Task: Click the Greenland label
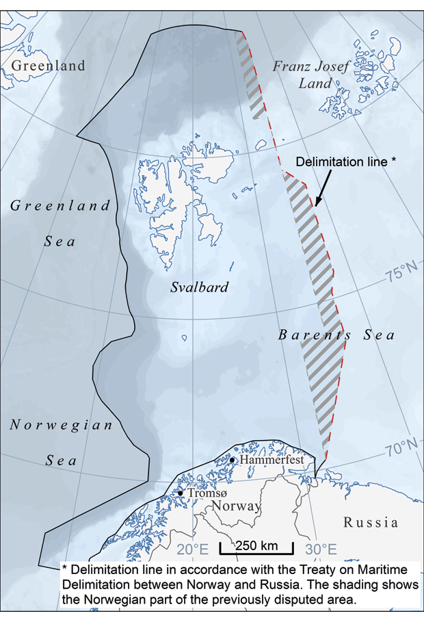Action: [48, 66]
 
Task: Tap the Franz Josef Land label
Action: [313, 75]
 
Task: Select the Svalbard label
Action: [199, 287]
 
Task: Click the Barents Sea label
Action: [336, 335]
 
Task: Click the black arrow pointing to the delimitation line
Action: [324, 187]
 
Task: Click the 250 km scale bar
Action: [256, 547]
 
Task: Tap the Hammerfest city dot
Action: [233, 461]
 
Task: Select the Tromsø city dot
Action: [181, 493]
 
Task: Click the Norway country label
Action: [235, 506]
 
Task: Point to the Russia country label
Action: [371, 523]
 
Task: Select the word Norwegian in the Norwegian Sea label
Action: [61, 426]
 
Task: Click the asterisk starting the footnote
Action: [65, 569]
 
